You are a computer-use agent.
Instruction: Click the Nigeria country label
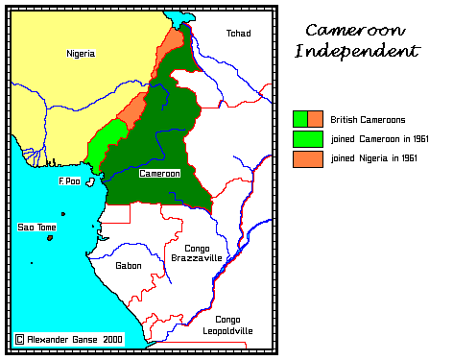[81, 54]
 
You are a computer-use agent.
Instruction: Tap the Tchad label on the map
[238, 34]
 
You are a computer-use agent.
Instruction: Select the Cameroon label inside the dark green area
[158, 174]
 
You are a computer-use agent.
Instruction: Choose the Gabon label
[128, 265]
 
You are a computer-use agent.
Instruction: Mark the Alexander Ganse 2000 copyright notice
[72, 339]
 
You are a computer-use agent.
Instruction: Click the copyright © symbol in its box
[19, 339]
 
